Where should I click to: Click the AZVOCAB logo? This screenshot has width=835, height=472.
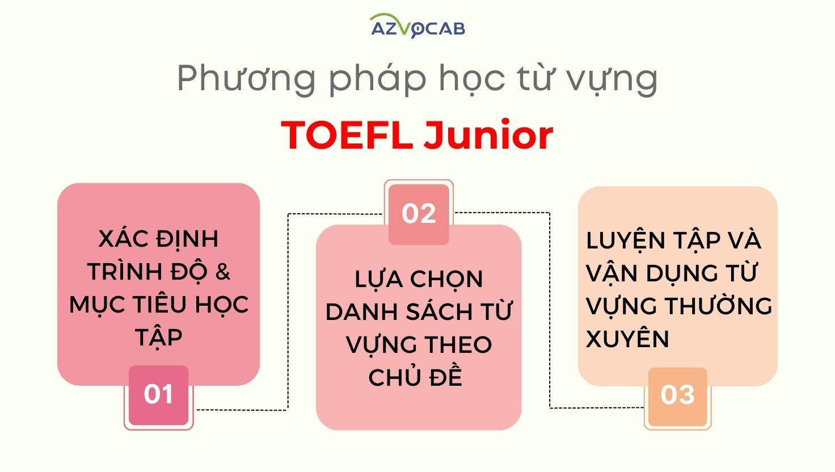click(x=418, y=26)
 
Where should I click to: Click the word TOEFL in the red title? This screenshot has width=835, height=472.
click(x=347, y=136)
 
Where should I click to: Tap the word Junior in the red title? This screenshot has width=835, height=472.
click(x=488, y=134)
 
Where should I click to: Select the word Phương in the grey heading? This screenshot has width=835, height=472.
click(x=246, y=79)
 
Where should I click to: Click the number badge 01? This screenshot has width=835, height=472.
click(x=158, y=395)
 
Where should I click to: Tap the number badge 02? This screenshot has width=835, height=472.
click(x=419, y=214)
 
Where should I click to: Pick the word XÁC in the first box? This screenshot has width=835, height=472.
click(x=123, y=239)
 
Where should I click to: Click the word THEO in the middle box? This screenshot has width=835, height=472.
click(x=458, y=345)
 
